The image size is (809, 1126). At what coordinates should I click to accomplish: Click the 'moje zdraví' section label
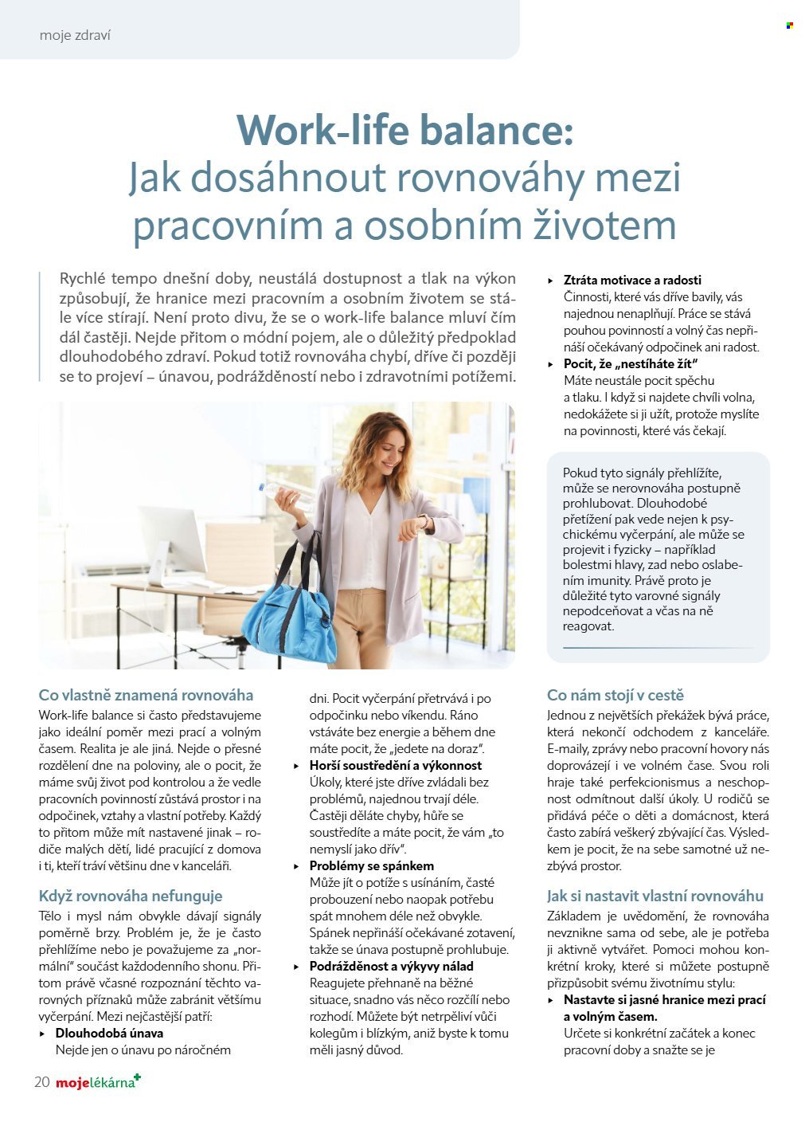tap(75, 36)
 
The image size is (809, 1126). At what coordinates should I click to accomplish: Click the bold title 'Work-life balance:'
tap(404, 130)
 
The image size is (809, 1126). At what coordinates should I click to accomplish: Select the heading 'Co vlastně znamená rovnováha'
tap(146, 695)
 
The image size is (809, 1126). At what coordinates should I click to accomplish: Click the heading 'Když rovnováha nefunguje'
tap(131, 896)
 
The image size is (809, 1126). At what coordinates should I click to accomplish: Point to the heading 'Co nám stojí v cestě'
tap(615, 695)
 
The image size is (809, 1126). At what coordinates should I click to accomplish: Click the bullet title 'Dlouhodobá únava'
tap(109, 1033)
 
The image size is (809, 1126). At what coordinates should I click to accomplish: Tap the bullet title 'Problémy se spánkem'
tap(371, 865)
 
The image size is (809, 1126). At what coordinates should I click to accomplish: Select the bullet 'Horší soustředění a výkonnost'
tap(395, 765)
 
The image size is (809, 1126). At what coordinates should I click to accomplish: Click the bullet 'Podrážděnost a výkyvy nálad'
tap(391, 966)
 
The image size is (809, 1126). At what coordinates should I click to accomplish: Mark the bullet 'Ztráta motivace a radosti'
tap(632, 280)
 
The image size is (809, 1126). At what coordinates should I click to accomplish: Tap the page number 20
tap(42, 1081)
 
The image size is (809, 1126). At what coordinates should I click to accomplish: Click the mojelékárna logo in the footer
tap(98, 1081)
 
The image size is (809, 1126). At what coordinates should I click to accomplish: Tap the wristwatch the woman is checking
tap(422, 523)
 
